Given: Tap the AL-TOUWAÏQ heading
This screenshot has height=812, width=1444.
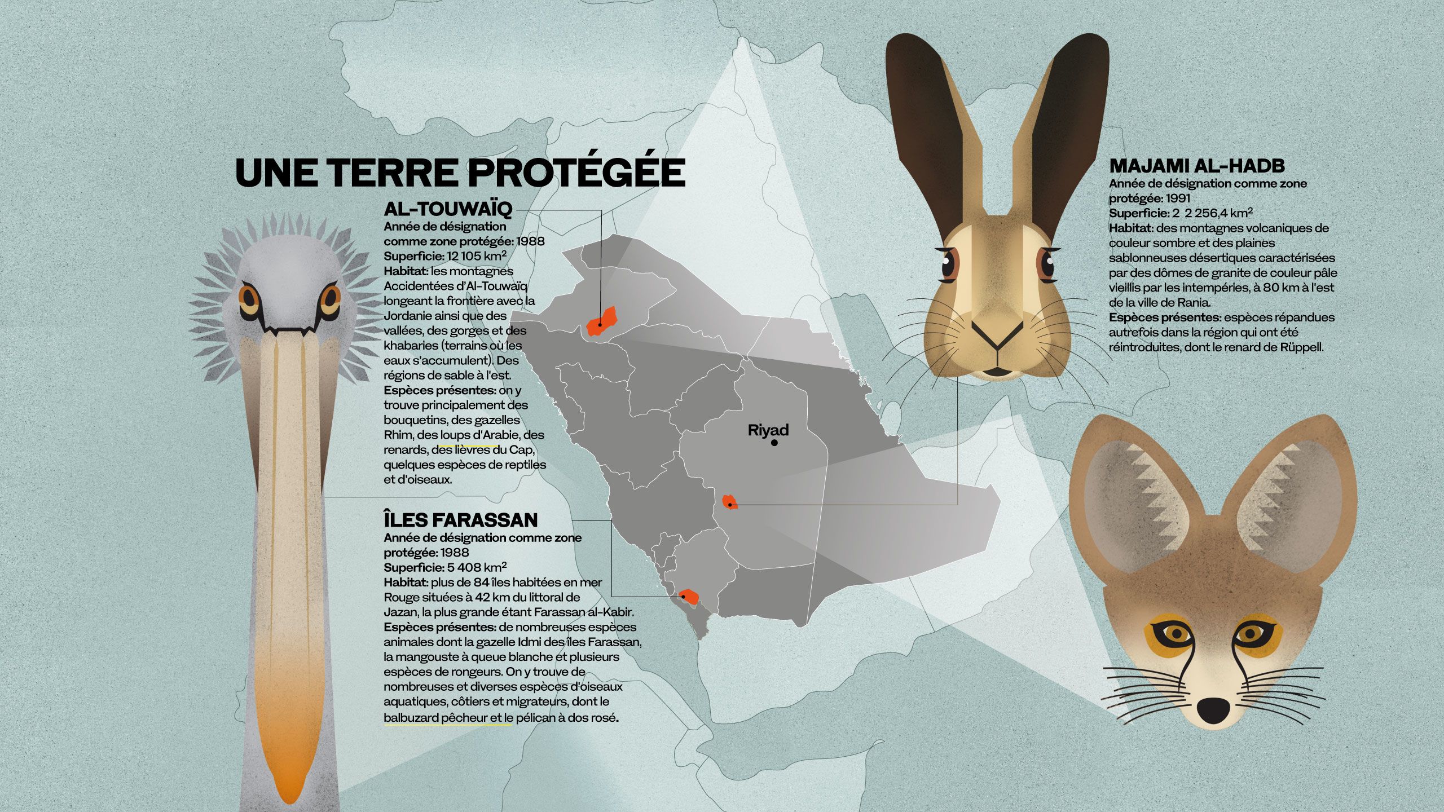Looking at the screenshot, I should (448, 209).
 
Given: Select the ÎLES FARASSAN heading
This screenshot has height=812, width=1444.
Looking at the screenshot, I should (460, 519).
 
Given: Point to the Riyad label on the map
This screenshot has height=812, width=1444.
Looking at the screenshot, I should (768, 430).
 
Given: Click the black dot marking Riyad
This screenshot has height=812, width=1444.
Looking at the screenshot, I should (774, 443).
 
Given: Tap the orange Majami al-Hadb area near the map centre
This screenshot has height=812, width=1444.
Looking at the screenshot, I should (729, 501).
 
